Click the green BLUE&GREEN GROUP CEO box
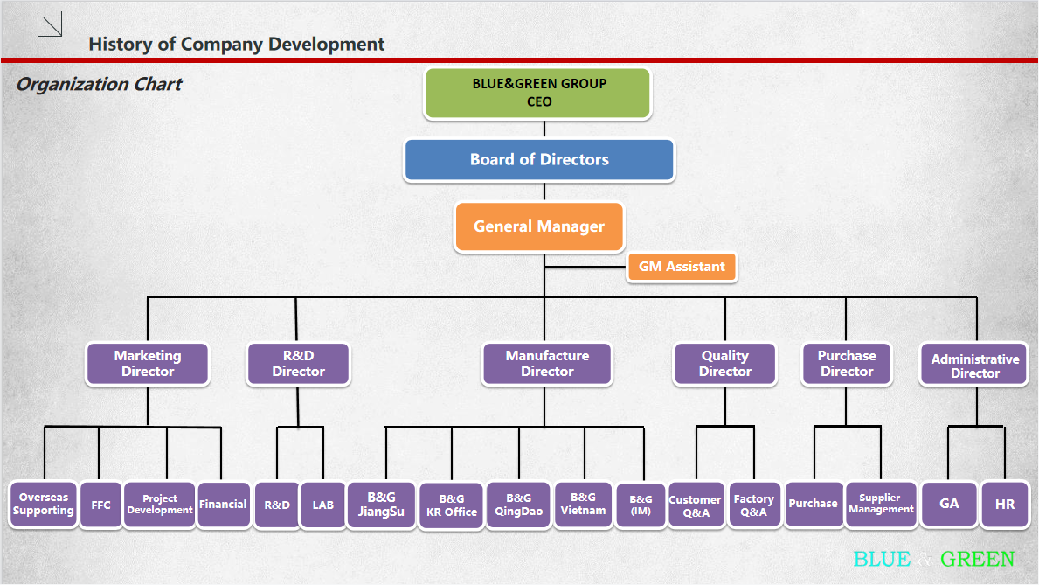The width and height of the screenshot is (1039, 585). point(538,93)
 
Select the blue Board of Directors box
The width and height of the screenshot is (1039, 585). point(539,160)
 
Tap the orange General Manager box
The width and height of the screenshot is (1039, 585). point(539,226)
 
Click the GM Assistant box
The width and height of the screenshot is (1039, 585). point(682,267)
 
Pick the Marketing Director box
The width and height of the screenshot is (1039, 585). point(148,364)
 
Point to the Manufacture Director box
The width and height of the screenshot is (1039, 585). point(547,364)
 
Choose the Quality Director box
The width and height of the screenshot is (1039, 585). point(724,364)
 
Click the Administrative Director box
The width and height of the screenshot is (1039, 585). point(974,366)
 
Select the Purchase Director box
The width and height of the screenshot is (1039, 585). point(846,364)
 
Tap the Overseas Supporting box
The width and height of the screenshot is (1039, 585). point(43,505)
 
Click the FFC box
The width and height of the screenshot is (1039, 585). point(100,505)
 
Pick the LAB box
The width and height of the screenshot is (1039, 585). point(322,505)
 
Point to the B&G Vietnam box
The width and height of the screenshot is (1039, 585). point(583,505)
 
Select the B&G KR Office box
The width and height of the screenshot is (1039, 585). point(451,505)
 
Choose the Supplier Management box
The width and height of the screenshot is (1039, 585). point(881,505)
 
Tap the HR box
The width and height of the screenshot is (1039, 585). point(1005,505)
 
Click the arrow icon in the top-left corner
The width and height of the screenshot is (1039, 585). point(51,26)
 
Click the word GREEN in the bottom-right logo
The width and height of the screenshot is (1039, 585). point(978,560)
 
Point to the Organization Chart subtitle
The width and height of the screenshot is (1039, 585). point(99,85)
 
